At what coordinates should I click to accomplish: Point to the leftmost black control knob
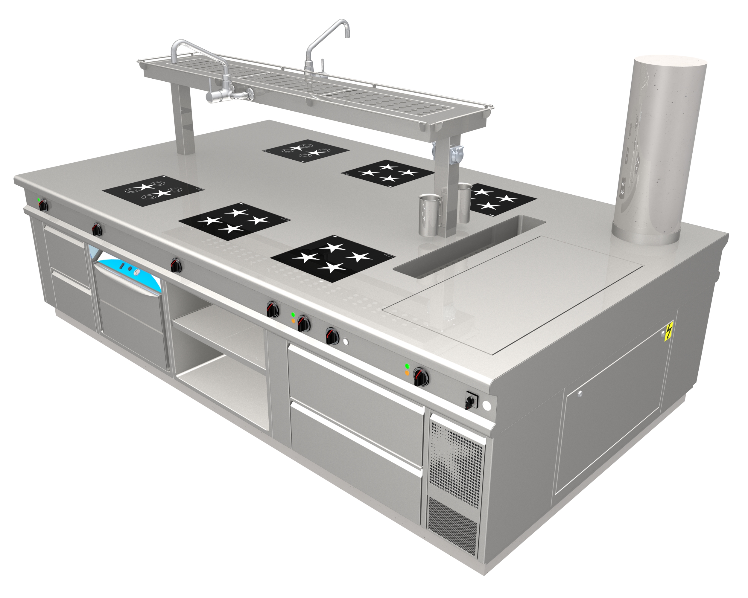44,206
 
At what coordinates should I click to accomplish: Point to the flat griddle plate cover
513,295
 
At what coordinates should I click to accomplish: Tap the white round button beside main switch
486,406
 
